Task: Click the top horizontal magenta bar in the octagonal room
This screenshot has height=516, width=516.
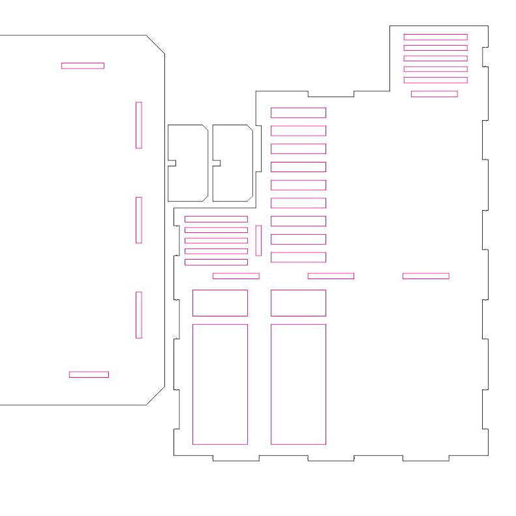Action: point(83,65)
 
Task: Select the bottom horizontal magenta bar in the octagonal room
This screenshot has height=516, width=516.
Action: point(89,374)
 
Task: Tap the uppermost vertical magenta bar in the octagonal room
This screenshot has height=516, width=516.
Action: point(139,125)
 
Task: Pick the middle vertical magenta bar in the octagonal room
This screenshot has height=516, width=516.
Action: point(139,220)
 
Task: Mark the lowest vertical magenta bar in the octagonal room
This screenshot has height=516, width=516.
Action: point(139,314)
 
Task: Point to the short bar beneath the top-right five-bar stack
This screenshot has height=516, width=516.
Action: point(434,94)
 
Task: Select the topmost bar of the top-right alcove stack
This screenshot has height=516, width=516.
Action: point(435,37)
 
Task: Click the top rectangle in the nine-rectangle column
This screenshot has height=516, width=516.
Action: point(298,113)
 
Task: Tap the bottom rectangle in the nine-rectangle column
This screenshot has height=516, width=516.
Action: point(298,257)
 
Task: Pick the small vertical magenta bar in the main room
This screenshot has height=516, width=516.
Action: point(258,240)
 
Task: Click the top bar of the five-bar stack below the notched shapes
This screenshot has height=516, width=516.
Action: point(216,219)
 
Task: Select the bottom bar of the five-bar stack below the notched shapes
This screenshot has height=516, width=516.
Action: point(216,262)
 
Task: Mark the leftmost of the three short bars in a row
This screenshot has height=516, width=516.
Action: point(235,276)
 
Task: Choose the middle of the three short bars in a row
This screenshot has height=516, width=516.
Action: point(331,276)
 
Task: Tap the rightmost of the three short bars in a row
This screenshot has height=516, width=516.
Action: point(425,276)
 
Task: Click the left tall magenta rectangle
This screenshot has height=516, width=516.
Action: point(220,384)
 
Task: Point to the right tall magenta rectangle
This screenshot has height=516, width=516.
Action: point(298,384)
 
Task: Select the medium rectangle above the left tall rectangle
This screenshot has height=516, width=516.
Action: point(220,303)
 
